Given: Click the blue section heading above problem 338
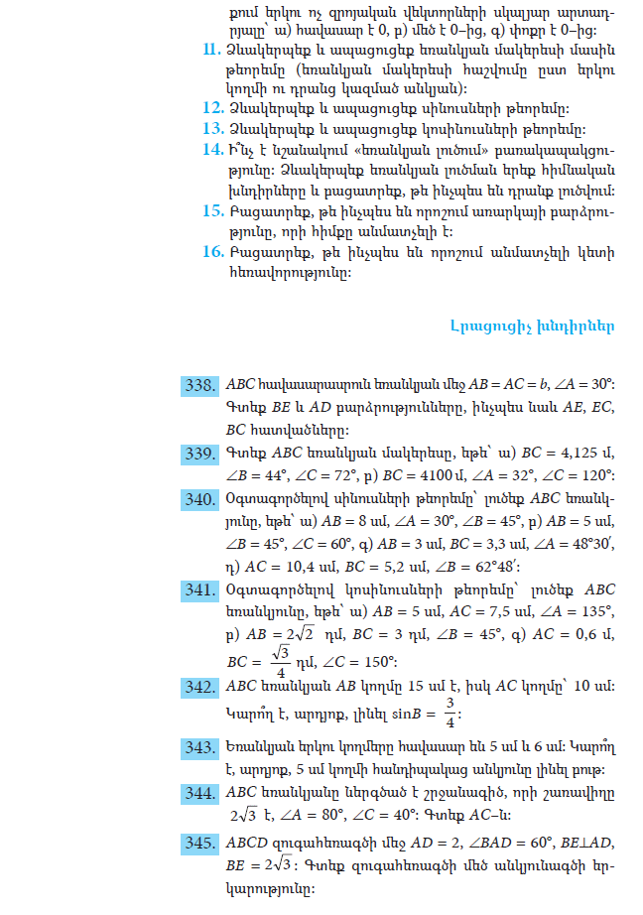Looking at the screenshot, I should point(532,326).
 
